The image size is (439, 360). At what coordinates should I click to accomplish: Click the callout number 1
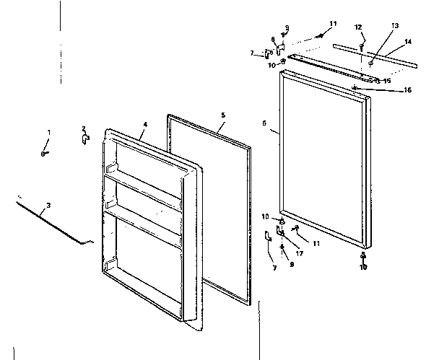coord(49,132)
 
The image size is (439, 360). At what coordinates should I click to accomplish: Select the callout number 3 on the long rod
coord(48,206)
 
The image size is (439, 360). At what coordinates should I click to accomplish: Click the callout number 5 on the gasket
coord(223,115)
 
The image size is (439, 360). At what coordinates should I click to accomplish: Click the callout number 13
coord(394,25)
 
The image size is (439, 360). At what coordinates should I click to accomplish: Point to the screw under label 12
coord(362,40)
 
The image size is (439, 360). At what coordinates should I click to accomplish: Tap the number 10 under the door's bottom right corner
coord(364,267)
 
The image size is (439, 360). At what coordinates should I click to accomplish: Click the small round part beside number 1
coord(44,154)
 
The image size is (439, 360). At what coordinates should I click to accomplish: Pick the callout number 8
coord(273,40)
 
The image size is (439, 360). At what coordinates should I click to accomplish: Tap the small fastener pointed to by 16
coord(357,88)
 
